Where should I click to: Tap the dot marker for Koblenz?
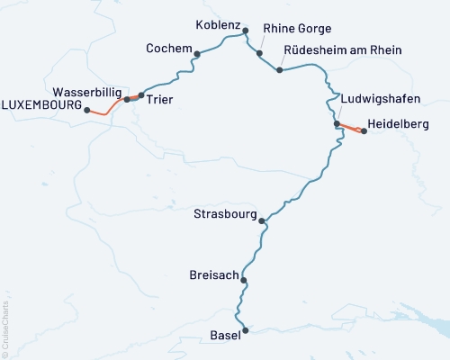click(246, 31)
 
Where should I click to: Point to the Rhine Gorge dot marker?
click(260, 53)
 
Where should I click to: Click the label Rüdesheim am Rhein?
click(343, 49)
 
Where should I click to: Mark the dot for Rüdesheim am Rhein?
click(281, 70)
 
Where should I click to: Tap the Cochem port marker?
click(197, 54)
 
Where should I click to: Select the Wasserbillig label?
click(88, 92)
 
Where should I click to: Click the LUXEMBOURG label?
click(40, 105)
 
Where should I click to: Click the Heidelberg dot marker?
click(364, 130)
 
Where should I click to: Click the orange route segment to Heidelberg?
click(350, 127)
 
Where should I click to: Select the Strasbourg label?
click(224, 214)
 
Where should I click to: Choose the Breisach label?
click(214, 274)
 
